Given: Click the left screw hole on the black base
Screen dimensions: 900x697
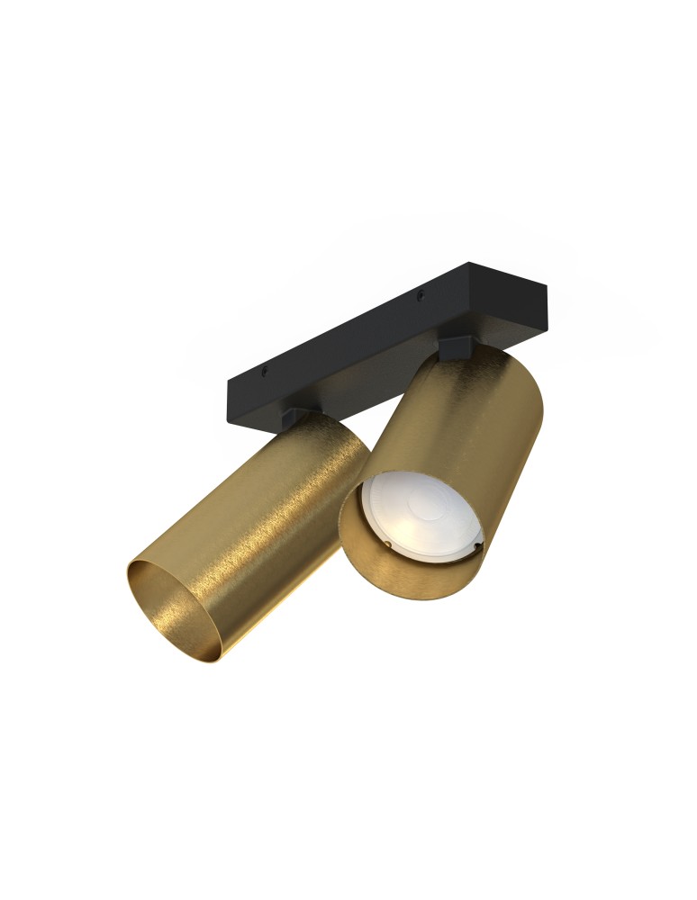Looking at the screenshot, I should (x=264, y=369).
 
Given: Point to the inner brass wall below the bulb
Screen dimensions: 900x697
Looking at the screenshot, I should (x=387, y=576).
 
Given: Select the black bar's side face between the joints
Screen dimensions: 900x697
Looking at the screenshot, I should (x=360, y=382).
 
